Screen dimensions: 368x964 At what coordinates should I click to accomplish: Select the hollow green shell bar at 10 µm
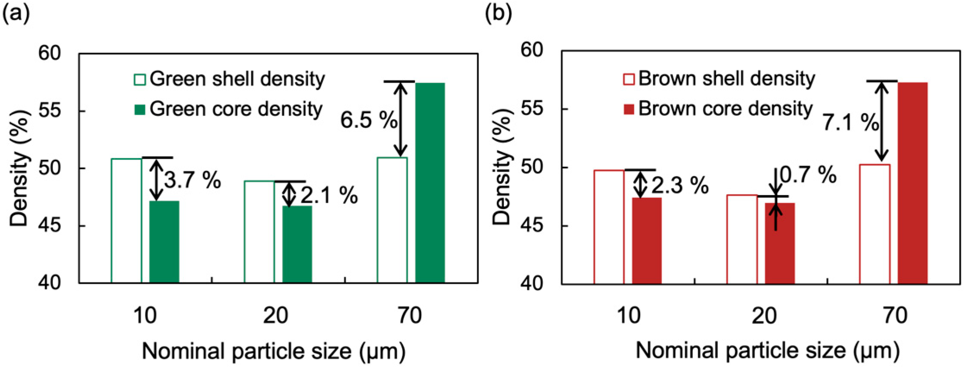tap(127, 221)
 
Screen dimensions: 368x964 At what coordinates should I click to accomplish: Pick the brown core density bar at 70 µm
tap(912, 183)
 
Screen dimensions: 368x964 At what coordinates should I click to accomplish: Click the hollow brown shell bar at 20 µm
tap(742, 239)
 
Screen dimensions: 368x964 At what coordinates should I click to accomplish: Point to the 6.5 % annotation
tap(368, 120)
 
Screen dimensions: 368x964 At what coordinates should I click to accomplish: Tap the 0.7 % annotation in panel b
tap(808, 175)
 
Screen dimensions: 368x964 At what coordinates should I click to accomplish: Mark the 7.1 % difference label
tap(850, 122)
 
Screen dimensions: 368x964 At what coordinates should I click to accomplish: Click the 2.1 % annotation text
tap(329, 195)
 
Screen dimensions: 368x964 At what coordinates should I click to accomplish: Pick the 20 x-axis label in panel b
tap(764, 315)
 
